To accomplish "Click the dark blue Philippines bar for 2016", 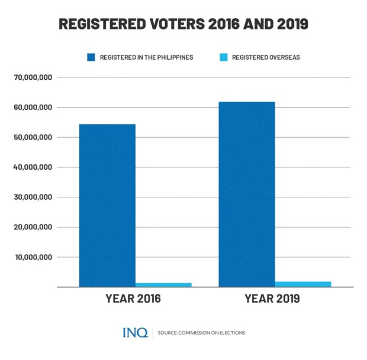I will (107, 205).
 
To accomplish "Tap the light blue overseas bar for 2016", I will (163, 284).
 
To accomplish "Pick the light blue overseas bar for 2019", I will (303, 284).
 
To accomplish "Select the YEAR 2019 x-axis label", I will (272, 299).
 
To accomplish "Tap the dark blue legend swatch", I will (91, 57).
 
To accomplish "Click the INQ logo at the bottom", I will (135, 333).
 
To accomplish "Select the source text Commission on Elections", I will (202, 333).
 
